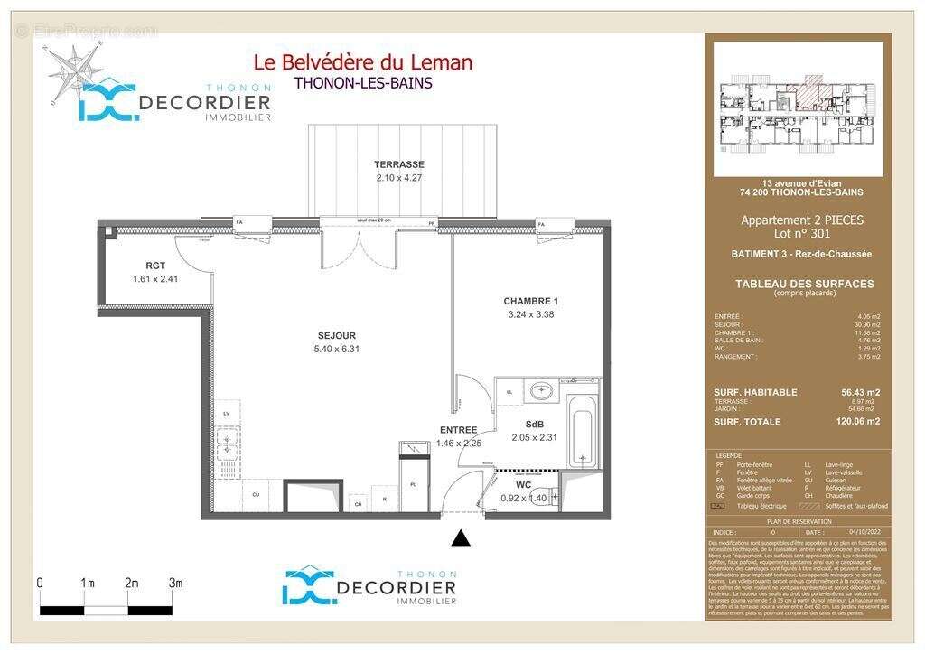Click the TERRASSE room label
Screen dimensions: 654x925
pos(399,164)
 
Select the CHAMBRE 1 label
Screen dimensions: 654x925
pos(531,301)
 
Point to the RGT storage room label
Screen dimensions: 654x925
pos(156,266)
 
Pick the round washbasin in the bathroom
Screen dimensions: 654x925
pos(542,392)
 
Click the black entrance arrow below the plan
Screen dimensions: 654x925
pos(462,538)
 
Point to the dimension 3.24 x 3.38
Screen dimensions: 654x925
pos(531,314)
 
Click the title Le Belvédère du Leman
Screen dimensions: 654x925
pos(362,62)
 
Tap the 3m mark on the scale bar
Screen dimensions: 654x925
pos(175,584)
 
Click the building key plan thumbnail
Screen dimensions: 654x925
pos(797,109)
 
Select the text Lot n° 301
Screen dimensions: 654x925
pos(802,232)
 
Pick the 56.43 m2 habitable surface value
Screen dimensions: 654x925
pos(860,392)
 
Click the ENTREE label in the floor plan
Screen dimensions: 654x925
pos(458,430)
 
